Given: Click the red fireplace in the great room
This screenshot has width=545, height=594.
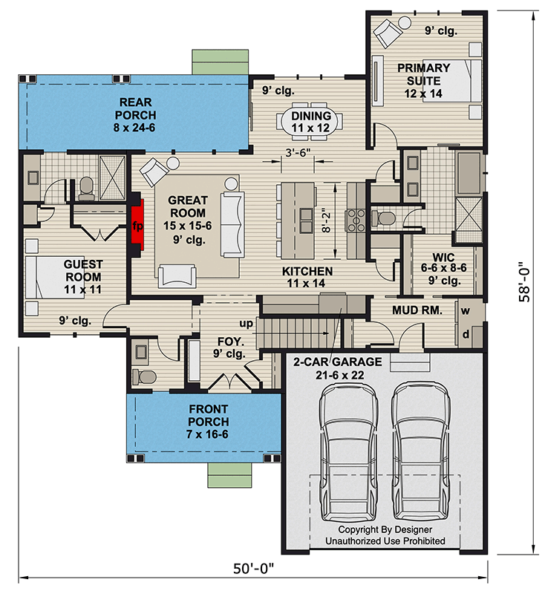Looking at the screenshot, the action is click(x=137, y=225).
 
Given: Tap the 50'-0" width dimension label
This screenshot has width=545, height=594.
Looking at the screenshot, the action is click(x=253, y=568).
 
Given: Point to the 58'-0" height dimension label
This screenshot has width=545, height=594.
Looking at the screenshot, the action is click(x=524, y=282).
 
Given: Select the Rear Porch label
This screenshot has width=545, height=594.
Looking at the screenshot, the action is click(x=135, y=115).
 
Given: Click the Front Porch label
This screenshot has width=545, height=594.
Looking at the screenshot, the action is click(x=208, y=421).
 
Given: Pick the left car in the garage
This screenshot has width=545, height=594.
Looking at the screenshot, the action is click(x=349, y=452).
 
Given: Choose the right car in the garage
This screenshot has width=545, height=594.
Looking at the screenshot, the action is click(x=420, y=452).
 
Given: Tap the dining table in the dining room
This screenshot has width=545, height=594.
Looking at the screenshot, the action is click(x=310, y=122).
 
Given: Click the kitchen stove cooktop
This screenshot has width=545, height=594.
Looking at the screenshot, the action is click(x=356, y=220).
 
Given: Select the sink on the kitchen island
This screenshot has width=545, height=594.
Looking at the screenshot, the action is click(x=306, y=220).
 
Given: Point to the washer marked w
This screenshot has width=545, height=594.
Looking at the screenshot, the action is click(x=466, y=310).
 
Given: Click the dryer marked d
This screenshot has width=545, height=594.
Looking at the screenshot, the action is click(x=466, y=334).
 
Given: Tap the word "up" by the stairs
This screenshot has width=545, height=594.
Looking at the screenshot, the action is click(x=246, y=323).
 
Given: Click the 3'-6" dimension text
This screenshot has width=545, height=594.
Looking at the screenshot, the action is click(x=298, y=152).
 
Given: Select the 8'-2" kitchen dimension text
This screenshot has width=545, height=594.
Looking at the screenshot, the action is click(x=326, y=222).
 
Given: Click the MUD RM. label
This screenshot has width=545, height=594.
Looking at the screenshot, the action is click(x=417, y=310).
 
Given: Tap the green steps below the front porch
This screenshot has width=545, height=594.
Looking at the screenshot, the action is click(x=229, y=475).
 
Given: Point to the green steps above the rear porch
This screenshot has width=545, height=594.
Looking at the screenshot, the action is click(x=220, y=62).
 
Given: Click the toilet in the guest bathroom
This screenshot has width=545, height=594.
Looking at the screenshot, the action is click(x=86, y=189).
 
